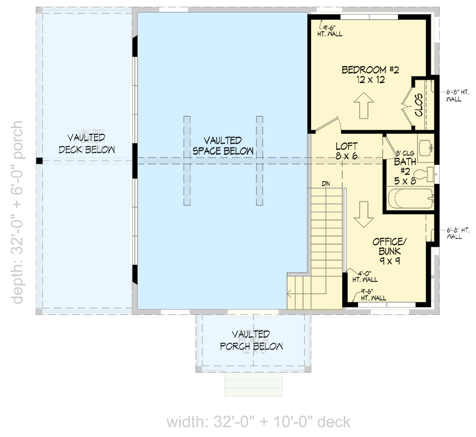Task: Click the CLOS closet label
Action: pyautogui.click(x=419, y=104)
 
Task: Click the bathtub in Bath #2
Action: pyautogui.click(x=408, y=200)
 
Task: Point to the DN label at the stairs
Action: pyautogui.click(x=326, y=184)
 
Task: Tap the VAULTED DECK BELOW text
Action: pyautogui.click(x=86, y=143)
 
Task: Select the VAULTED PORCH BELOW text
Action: pyautogui.click(x=251, y=340)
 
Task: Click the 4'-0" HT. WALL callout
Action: pyautogui.click(x=364, y=276)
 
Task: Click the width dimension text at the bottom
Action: pyautogui.click(x=258, y=422)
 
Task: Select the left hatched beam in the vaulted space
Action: pyautogui.click(x=187, y=161)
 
